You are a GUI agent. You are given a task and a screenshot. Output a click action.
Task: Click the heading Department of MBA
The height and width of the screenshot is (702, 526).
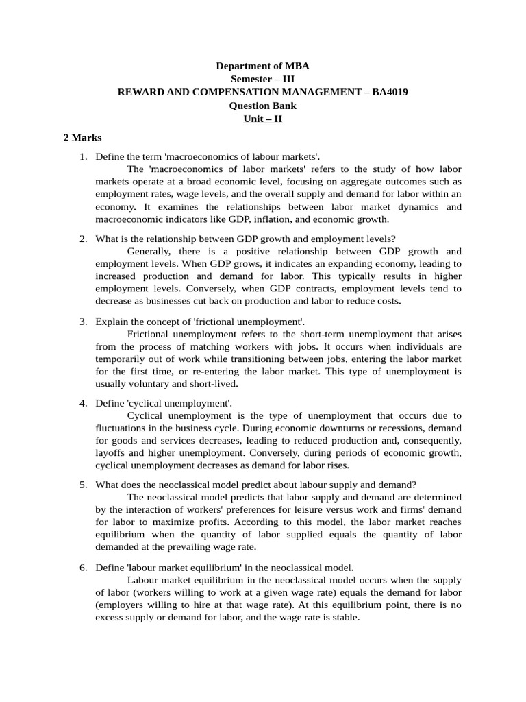pos(262,66)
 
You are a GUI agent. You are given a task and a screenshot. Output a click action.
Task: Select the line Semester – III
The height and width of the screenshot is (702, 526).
pos(262,79)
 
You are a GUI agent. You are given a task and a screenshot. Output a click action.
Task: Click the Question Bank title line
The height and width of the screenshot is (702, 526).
pos(262,106)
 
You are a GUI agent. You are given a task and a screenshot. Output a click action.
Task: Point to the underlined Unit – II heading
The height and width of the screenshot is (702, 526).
pos(262,119)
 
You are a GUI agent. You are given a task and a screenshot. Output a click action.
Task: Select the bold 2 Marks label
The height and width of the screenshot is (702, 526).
pos(82,138)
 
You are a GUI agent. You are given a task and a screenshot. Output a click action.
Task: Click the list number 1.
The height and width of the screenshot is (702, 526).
pos(82,157)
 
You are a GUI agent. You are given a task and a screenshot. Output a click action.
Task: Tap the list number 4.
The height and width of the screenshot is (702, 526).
pos(82,403)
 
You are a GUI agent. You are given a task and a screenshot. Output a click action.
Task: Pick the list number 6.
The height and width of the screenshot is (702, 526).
pos(82,567)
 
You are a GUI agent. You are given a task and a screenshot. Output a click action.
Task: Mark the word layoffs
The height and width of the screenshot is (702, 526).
pos(110,453)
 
